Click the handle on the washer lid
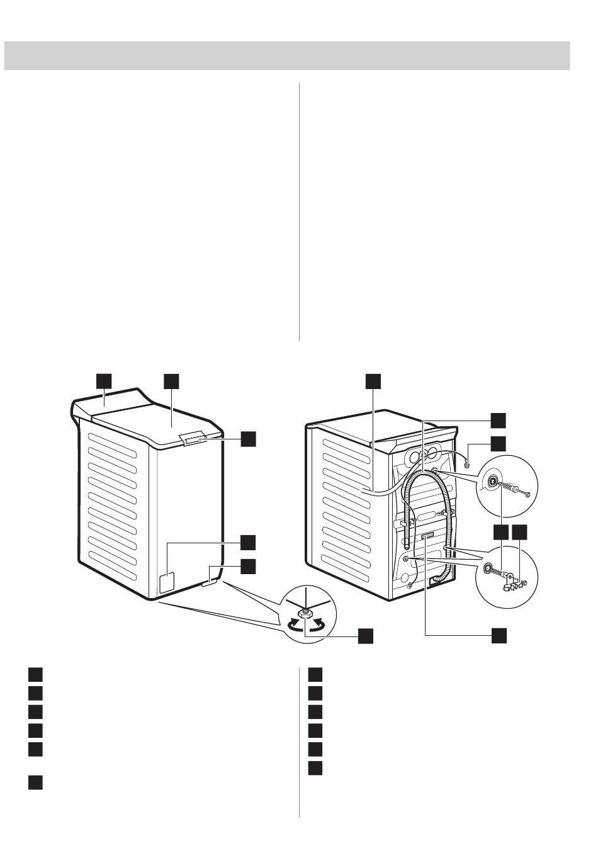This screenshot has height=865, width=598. pyautogui.click(x=195, y=438)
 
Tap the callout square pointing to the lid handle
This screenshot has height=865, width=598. pyautogui.click(x=248, y=439)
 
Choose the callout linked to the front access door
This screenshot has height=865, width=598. pyautogui.click(x=248, y=542)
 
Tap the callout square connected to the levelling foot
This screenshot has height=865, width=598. pyautogui.click(x=365, y=636)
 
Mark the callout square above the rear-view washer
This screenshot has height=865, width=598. pyautogui.click(x=373, y=381)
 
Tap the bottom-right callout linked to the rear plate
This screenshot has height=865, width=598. pyautogui.click(x=499, y=636)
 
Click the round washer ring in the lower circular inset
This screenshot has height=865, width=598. pyautogui.click(x=488, y=568)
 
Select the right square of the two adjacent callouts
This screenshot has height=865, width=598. pyautogui.click(x=520, y=533)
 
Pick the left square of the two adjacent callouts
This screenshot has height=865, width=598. pyautogui.click(x=500, y=533)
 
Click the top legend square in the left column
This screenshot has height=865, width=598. pyautogui.click(x=35, y=675)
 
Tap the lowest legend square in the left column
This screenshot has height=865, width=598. pyautogui.click(x=35, y=783)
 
